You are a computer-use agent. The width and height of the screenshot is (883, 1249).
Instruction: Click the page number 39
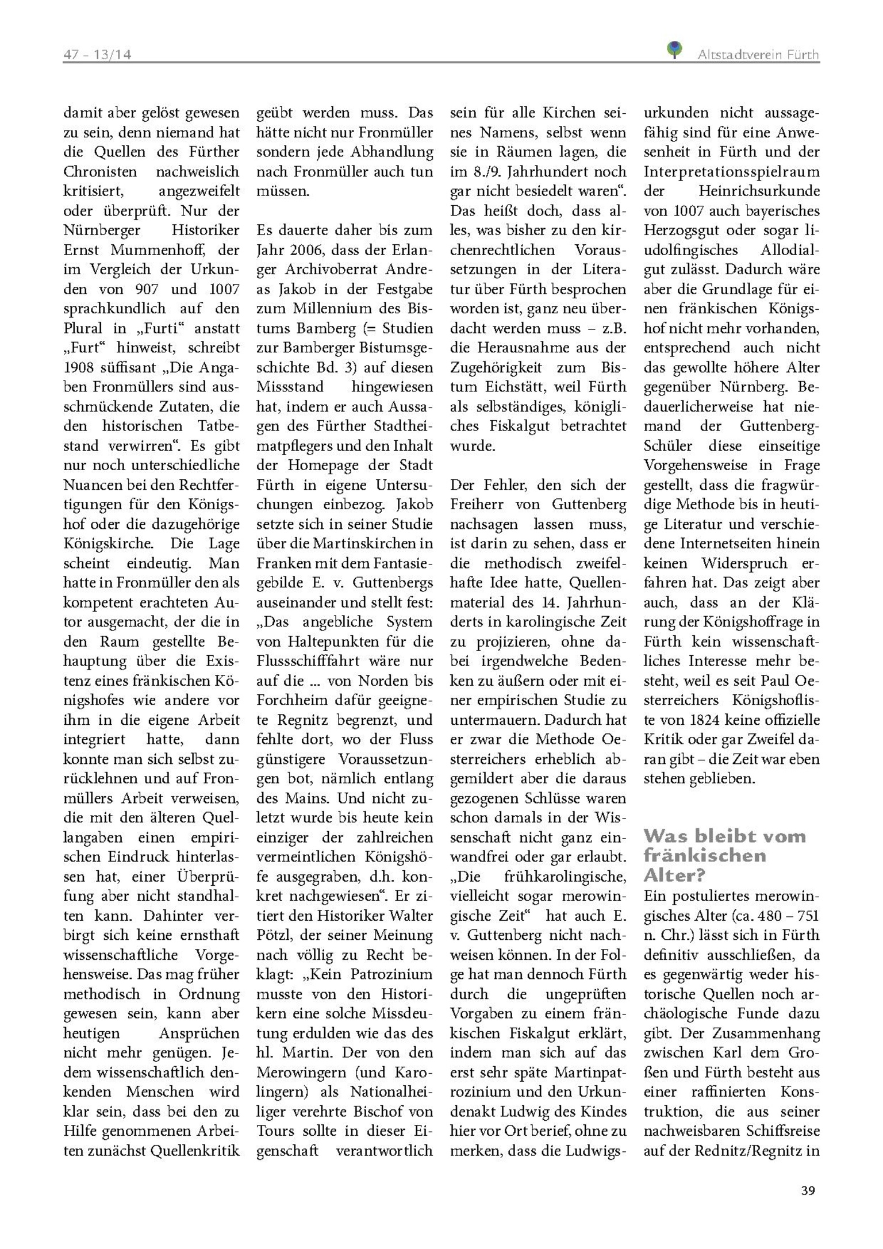click(808, 1190)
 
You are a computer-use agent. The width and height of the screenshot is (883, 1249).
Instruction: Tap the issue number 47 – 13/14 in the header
click(97, 55)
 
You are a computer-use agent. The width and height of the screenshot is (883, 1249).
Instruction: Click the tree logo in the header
click(674, 50)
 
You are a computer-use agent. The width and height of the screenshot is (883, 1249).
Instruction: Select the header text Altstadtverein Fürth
click(758, 55)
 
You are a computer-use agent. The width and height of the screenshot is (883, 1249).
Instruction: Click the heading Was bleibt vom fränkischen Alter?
click(724, 855)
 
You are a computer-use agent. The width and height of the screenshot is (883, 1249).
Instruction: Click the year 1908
click(79, 367)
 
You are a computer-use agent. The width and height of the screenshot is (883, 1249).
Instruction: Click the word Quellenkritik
click(195, 1151)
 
